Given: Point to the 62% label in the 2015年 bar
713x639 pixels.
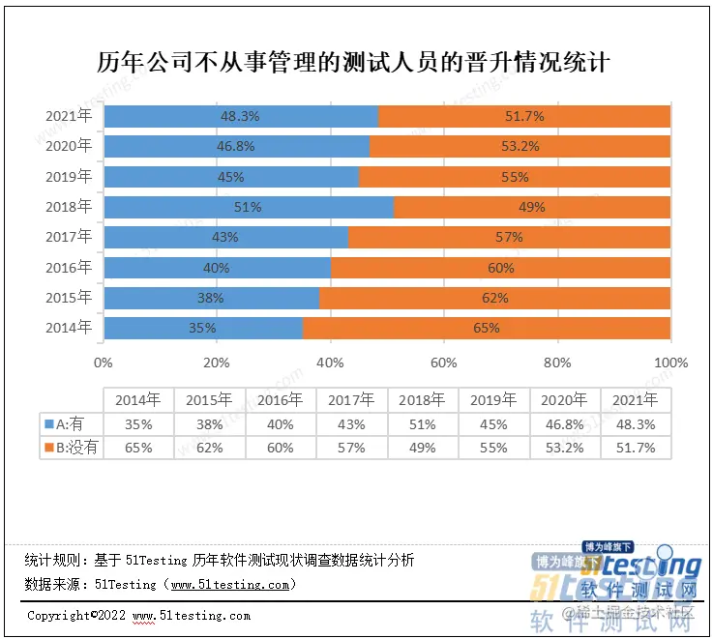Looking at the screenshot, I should coord(494,298).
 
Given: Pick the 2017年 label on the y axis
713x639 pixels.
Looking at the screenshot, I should coord(69,237).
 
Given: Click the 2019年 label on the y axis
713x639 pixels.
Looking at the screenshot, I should coord(69,177).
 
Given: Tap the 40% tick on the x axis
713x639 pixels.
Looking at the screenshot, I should coord(330,363).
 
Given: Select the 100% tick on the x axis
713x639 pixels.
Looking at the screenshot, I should coord(670,363).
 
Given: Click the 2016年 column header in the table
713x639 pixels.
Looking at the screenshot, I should coord(281,400).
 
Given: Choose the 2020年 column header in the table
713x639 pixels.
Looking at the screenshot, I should coord(565,400).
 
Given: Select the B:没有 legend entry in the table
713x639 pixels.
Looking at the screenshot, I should coord(70,447).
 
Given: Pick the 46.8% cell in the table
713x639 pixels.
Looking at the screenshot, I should coord(565,423).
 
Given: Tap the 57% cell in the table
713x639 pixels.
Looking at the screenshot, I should coord(351,447).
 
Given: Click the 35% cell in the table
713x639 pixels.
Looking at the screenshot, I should coord(138,423).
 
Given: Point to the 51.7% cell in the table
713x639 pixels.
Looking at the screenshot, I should coord(636,447).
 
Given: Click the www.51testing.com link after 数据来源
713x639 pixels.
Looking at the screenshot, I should coord(228,584).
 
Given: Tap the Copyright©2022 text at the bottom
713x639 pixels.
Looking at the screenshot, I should coord(76,615).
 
